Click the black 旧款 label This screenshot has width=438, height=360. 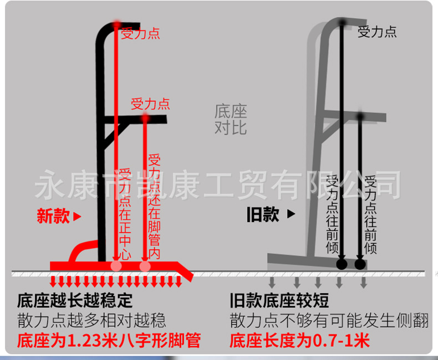263,214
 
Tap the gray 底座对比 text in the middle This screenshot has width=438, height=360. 231,120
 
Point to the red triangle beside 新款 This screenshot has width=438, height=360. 77,217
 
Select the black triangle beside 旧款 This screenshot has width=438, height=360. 291,214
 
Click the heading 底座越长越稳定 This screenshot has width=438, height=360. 75,301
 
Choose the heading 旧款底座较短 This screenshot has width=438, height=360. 279,300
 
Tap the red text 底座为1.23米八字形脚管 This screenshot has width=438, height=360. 109,341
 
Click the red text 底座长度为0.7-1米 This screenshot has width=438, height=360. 300,341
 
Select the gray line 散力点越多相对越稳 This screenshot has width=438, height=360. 91,320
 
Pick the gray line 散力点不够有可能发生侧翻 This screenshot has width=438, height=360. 329,320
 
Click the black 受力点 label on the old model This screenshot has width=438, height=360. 377,32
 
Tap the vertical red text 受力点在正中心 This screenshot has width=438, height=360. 125,214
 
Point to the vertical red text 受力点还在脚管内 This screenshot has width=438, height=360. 154,206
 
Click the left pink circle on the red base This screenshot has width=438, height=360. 116,266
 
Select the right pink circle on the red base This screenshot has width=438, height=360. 145,266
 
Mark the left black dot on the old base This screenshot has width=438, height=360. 342,264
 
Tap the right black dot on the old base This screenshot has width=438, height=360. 360,264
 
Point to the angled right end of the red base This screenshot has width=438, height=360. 185,271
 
